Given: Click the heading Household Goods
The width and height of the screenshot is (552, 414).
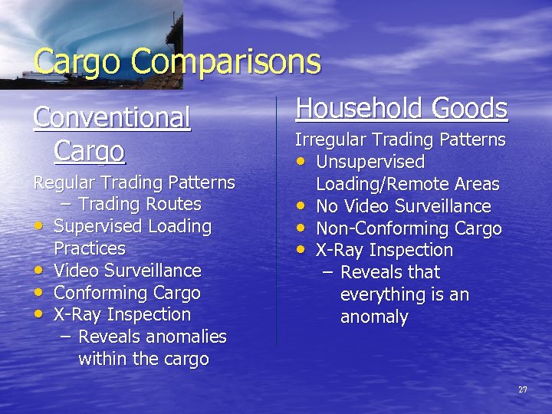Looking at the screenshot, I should (402, 108).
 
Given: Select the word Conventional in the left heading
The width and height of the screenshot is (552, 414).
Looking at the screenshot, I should (112, 118).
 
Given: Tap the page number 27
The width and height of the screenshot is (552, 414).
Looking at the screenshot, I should (523, 390).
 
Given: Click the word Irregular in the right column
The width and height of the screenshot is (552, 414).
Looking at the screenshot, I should (331, 140).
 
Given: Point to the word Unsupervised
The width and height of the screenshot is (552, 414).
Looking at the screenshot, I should (370, 162).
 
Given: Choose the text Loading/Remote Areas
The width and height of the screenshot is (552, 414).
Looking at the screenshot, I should (408, 184).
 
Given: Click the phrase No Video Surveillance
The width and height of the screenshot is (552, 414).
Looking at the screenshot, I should (403, 206).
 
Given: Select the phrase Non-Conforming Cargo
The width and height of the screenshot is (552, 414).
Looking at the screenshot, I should (409, 228).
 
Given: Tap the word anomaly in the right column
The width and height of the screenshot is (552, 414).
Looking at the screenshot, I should (374, 317).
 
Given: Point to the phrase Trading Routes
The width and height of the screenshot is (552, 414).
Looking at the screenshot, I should (140, 204).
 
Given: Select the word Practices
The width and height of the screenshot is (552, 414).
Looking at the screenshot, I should (90, 248).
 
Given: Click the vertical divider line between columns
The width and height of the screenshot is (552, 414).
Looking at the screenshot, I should (276, 222).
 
